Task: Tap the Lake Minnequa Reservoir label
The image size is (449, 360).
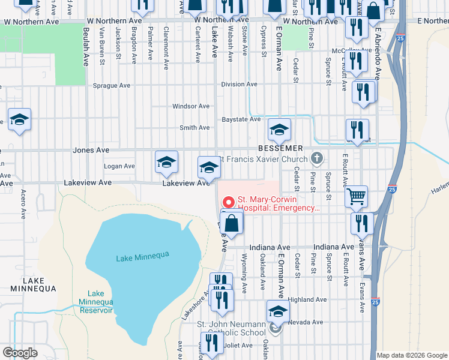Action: (x=95, y=302)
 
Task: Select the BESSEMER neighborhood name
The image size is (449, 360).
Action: (x=279, y=148)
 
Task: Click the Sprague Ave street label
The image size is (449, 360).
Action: (x=111, y=86)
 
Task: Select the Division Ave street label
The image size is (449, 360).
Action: (x=239, y=85)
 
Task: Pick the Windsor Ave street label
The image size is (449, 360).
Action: (x=191, y=106)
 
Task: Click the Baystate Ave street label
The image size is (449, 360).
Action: (x=241, y=119)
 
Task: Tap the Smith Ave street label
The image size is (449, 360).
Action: (x=194, y=128)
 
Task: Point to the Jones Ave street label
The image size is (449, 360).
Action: (x=91, y=150)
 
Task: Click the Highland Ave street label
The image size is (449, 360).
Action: (x=307, y=299)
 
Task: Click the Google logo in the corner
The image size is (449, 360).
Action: (x=20, y=353)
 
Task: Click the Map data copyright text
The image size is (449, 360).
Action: (x=412, y=355)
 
